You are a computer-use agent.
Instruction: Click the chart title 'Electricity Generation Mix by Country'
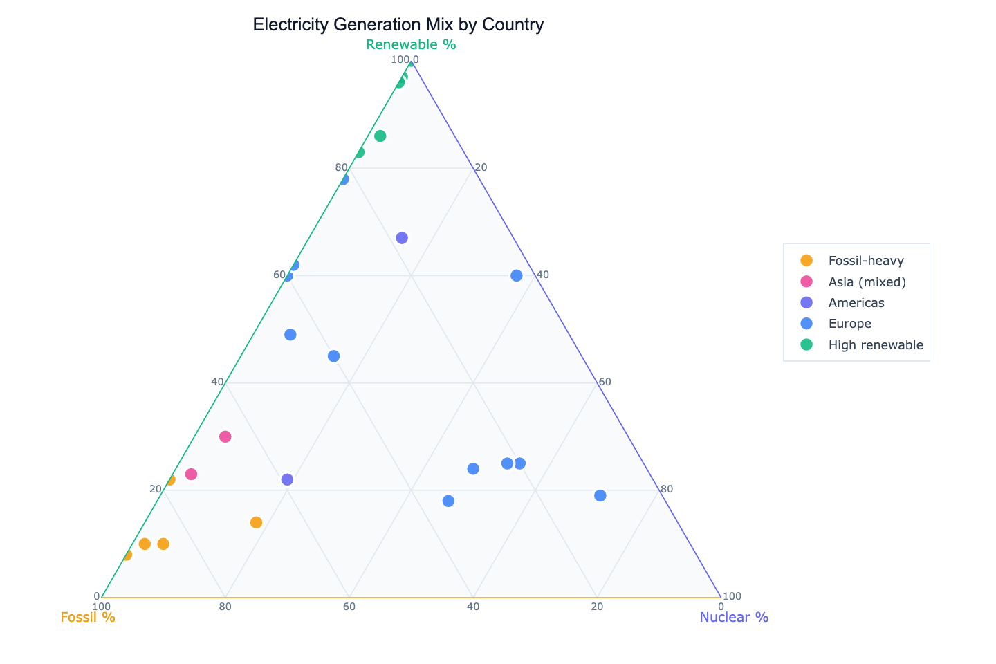(x=398, y=25)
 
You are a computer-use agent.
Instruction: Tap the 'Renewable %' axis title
(x=411, y=45)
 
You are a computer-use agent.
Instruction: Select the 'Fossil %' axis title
(x=88, y=617)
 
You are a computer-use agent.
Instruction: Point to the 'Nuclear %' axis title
(x=734, y=617)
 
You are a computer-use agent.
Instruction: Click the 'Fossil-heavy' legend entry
(x=865, y=261)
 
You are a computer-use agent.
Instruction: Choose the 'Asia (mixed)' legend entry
(x=867, y=282)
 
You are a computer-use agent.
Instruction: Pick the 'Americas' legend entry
(x=856, y=303)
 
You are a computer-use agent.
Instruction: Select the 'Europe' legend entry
(x=849, y=324)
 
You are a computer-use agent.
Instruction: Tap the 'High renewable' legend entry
(x=875, y=345)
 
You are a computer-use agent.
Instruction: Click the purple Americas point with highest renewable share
(x=402, y=238)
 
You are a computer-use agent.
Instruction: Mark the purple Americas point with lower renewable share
(x=288, y=479)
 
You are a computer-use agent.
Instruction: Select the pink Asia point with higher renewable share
(x=225, y=436)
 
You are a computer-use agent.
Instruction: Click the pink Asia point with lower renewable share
(x=192, y=474)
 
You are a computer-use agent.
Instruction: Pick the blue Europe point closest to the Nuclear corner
(x=600, y=495)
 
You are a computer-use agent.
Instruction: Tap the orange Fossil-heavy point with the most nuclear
(x=256, y=522)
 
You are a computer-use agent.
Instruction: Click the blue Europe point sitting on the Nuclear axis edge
(x=517, y=276)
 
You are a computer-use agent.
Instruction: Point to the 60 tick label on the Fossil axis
(x=349, y=607)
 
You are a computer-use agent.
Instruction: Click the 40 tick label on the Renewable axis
(x=217, y=382)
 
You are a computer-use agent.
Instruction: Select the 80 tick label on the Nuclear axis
(x=666, y=489)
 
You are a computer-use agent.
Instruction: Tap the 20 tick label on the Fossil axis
(x=597, y=607)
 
